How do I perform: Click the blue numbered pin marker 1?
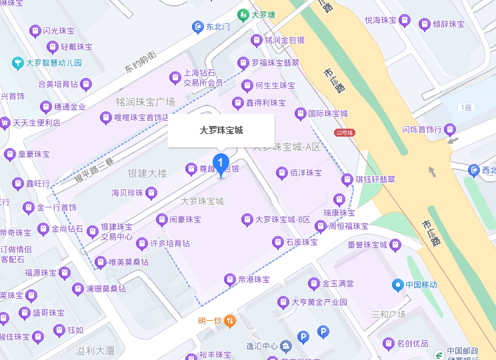coord(221,163)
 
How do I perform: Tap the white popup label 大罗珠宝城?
coord(221,131)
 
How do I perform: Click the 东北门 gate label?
coord(217,27)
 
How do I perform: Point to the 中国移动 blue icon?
coord(399,285)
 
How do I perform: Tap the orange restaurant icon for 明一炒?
coord(229,321)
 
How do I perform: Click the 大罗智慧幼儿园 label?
coord(53,63)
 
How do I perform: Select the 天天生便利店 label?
coord(37,123)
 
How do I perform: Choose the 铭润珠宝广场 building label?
coord(145,102)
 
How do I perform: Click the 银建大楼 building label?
coord(148,173)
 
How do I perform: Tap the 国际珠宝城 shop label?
coord(327,113)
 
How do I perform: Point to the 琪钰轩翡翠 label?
coord(375,179)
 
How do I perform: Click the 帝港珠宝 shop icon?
coord(230,279)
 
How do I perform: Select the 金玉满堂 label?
coord(337,283)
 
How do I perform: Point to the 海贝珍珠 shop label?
coord(127,193)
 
